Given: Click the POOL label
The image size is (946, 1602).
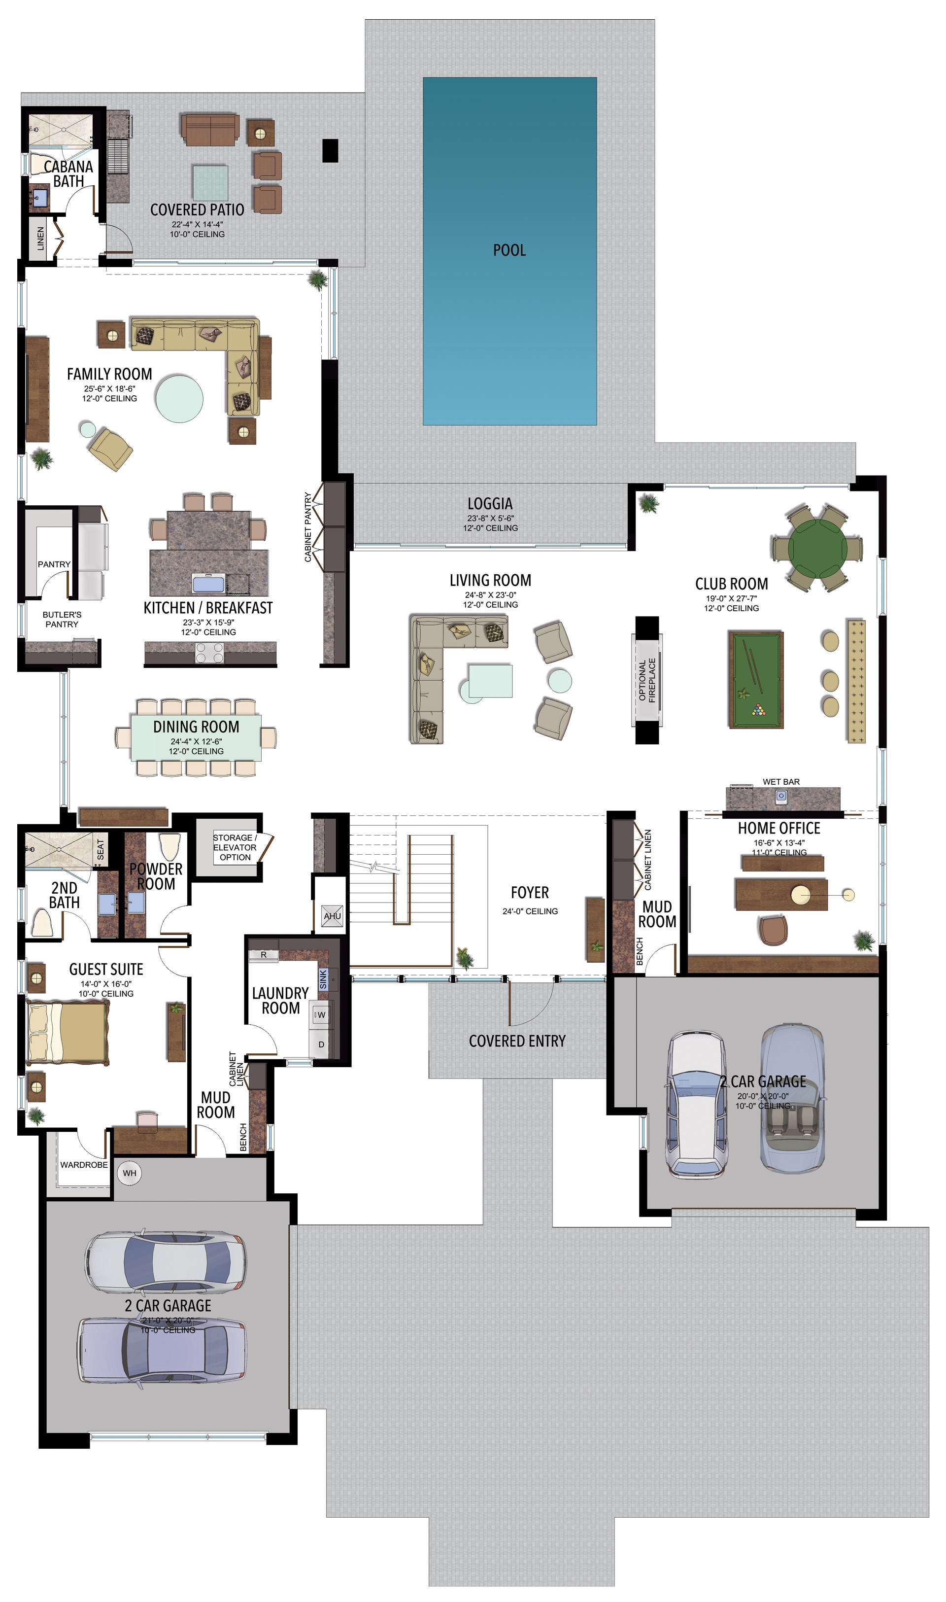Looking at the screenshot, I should tap(509, 250).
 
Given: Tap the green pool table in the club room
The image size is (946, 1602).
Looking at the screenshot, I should tap(756, 680).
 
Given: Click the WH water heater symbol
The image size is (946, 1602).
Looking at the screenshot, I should tap(130, 1173).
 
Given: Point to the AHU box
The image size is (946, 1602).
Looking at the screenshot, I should tap(332, 916).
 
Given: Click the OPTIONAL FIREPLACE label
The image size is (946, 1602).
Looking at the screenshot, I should tap(647, 680).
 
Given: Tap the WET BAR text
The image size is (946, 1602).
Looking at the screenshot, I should tap(781, 782).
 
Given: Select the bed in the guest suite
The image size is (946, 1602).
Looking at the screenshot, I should tap(67, 1033).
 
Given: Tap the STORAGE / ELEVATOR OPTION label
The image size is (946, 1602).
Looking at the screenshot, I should tap(235, 847).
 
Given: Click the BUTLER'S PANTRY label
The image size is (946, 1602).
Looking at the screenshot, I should tap(62, 619).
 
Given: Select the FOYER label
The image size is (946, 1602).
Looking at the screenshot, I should tap(530, 893).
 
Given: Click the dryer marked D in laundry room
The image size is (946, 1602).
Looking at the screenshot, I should tap(321, 1045).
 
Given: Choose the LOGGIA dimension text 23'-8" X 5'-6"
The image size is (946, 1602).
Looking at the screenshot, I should tap(490, 519).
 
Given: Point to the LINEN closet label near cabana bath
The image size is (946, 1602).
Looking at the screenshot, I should tap(41, 239).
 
